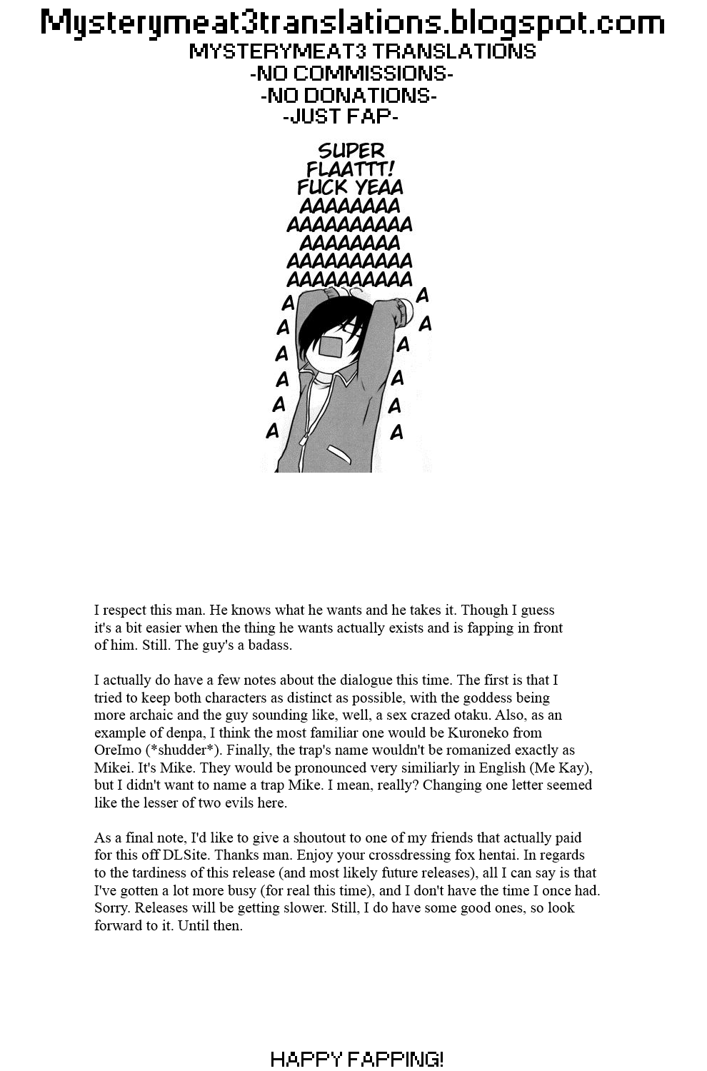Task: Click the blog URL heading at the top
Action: click(353, 23)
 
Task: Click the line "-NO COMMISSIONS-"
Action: click(351, 74)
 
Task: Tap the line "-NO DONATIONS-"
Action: click(349, 96)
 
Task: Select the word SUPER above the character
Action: click(351, 151)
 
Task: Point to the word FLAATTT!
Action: click(351, 169)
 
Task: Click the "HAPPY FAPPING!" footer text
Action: click(357, 1059)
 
